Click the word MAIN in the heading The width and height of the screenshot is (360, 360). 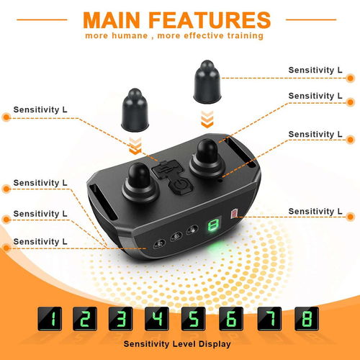pyautogui.click(x=112, y=20)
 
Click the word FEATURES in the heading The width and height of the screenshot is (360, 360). pyautogui.click(x=210, y=20)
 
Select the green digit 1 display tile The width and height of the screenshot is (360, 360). pyautogui.click(x=50, y=319)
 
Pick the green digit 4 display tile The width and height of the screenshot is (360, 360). pyautogui.click(x=157, y=319)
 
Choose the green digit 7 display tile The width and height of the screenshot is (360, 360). pyautogui.click(x=269, y=319)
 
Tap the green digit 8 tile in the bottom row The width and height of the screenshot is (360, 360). pyautogui.click(x=307, y=319)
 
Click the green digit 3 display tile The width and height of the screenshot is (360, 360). pyautogui.click(x=120, y=319)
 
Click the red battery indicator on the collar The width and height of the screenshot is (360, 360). pyautogui.click(x=234, y=213)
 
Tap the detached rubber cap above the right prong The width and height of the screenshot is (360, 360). pyautogui.click(x=207, y=82)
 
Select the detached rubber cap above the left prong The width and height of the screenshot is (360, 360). pyautogui.click(x=135, y=110)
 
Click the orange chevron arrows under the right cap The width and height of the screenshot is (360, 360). pyautogui.click(x=207, y=120)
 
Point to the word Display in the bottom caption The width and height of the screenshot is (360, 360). pyautogui.click(x=215, y=344)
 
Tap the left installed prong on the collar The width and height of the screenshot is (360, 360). pyautogui.click(x=140, y=181)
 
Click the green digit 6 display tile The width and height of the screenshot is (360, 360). pyautogui.click(x=231, y=319)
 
